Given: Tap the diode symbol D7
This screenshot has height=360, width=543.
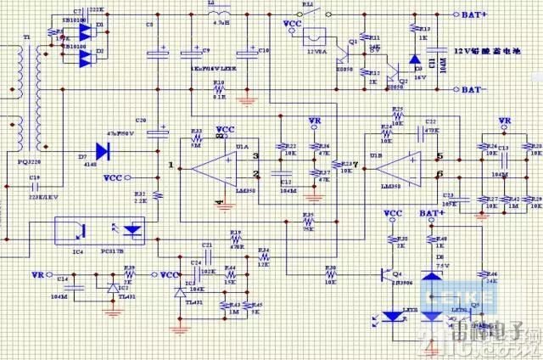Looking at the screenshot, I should [x=104, y=151].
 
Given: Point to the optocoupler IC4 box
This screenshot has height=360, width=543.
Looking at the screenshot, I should [x=99, y=230].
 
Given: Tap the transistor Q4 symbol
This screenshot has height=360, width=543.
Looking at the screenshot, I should [x=387, y=276].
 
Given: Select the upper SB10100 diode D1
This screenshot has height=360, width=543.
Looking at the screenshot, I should [x=85, y=30].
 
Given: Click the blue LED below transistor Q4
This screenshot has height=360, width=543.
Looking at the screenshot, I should [x=392, y=317].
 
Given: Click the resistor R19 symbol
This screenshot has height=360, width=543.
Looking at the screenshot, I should [x=236, y=240].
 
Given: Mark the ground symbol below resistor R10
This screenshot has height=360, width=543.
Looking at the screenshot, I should [x=246, y=101].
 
